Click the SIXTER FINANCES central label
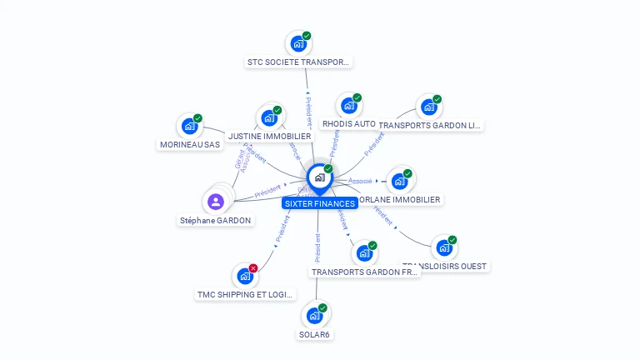point(320,203)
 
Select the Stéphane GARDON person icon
point(216,202)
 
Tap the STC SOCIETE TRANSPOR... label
point(299,62)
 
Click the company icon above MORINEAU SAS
point(190,127)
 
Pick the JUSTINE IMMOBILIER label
point(269,136)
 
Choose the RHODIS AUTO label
point(348,124)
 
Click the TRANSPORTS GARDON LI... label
point(429,126)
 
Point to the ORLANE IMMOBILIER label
point(399,200)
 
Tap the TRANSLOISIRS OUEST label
point(445,267)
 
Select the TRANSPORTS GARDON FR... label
point(365,272)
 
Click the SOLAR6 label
point(315,335)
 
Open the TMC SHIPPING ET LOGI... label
point(245,295)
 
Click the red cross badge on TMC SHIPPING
point(253,267)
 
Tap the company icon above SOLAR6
point(314,316)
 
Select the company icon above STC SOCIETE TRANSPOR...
point(297,43)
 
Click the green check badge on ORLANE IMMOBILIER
point(407,173)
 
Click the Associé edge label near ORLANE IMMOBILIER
point(360,181)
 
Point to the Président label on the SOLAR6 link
point(317,247)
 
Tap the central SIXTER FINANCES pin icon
point(319,177)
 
